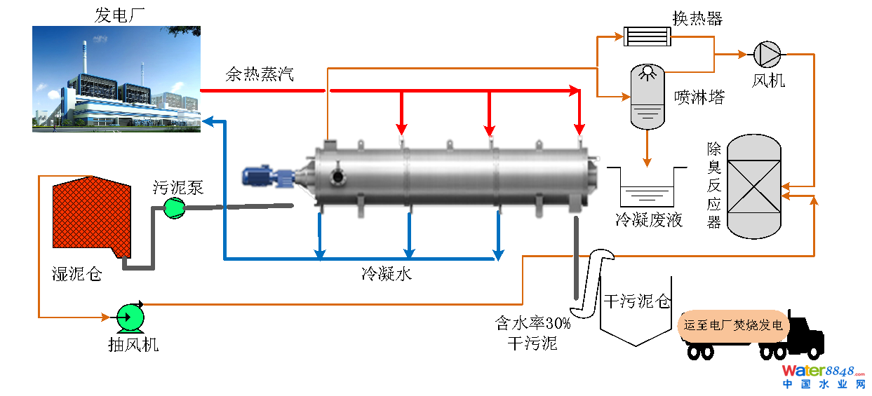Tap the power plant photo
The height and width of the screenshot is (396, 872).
116,79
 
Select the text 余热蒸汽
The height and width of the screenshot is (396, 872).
260,74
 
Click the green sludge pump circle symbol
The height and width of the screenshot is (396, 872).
173,207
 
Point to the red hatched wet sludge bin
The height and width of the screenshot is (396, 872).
90,214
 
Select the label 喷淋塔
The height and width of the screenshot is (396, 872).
699,97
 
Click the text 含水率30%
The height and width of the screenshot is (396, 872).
533,324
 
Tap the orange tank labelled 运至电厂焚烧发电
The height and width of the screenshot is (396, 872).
734,326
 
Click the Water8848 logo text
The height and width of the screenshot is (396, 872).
824,371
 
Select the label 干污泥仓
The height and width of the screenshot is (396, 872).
637,302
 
